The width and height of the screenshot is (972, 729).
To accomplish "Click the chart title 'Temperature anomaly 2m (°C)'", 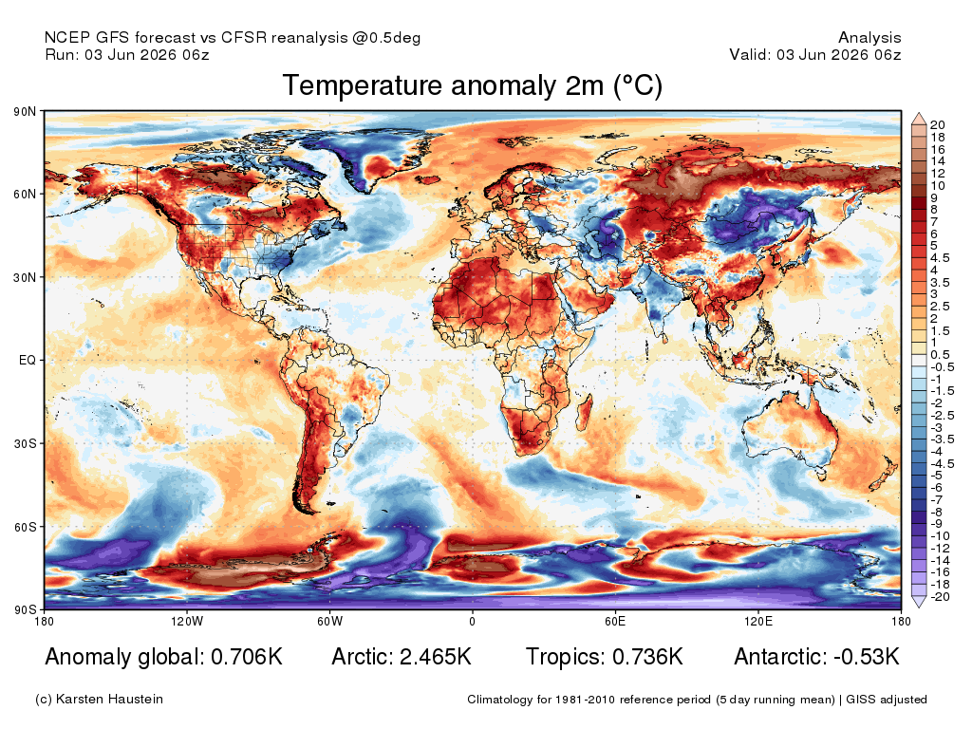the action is click(x=473, y=85).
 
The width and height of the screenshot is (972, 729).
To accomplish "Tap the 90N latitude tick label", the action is click(x=25, y=112).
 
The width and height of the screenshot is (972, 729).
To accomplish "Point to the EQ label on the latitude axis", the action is click(x=28, y=360).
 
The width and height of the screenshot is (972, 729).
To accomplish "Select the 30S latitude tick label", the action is click(x=25, y=444).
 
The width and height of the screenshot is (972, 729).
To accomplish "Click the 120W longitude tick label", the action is click(x=187, y=621).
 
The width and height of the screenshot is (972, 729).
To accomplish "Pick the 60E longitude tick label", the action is click(x=615, y=621).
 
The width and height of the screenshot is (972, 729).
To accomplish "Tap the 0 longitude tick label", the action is click(x=473, y=621).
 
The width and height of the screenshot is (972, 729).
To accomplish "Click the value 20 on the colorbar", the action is click(x=937, y=125).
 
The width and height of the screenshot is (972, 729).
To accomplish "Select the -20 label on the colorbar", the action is click(x=940, y=597).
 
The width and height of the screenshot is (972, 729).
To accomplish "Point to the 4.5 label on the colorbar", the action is click(x=940, y=258).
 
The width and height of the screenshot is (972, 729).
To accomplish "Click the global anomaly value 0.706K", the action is click(x=247, y=657).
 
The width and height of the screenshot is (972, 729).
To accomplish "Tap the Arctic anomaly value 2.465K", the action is click(x=436, y=657).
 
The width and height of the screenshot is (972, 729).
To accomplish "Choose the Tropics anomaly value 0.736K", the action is click(x=647, y=657).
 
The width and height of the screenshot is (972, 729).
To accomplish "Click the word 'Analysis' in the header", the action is click(x=869, y=38).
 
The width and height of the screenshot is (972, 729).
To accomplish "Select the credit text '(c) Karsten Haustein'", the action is click(x=99, y=700).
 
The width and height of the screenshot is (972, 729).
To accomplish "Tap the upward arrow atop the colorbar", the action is click(x=919, y=119).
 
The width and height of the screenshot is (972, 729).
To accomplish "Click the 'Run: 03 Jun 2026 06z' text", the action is click(x=127, y=54).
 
